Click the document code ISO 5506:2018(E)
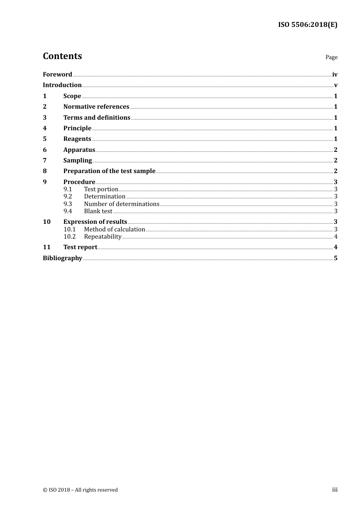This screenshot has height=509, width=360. (307, 25)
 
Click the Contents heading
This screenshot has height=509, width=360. (62, 56)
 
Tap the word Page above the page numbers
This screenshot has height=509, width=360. (331, 57)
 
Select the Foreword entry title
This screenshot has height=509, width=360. (57, 75)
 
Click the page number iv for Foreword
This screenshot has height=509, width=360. (335, 75)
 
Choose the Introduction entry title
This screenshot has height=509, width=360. (62, 85)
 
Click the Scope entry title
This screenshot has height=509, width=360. (72, 96)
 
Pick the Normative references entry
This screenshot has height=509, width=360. (96, 107)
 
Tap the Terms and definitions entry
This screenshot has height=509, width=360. (97, 118)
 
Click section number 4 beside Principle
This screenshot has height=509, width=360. (45, 128)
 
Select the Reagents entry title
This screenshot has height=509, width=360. (77, 139)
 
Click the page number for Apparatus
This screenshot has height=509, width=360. (335, 150)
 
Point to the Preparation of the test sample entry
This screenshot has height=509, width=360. (109, 171)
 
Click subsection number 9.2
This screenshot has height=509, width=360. (68, 197)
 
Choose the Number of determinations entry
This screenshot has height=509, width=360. (122, 204)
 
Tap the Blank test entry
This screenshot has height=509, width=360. (98, 211)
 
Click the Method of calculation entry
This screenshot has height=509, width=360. (114, 230)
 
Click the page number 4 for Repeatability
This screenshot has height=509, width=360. (336, 237)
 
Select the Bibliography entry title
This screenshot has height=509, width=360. (63, 258)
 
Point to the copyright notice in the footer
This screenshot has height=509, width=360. (80, 490)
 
